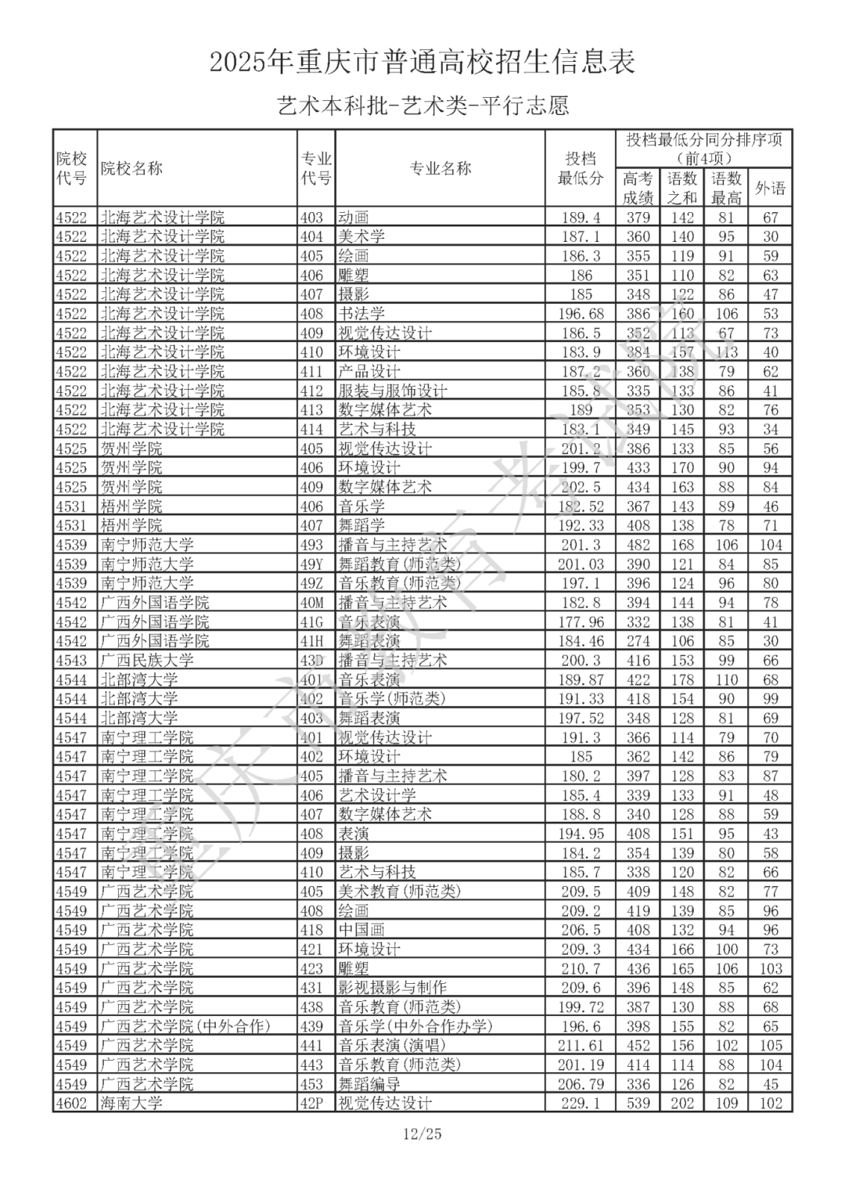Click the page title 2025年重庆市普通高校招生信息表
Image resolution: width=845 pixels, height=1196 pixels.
click(422, 62)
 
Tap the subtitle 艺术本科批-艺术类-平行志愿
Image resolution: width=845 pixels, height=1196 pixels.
click(422, 106)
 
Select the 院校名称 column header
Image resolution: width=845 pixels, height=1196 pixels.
click(131, 168)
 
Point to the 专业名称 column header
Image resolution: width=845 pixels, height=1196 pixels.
click(440, 168)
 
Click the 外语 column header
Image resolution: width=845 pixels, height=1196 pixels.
click(770, 189)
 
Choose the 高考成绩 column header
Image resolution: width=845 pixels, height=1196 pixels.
click(638, 189)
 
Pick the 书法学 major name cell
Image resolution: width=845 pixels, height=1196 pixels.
click(361, 314)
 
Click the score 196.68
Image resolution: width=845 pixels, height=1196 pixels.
click(581, 314)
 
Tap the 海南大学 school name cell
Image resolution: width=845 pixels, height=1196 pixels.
click(131, 1104)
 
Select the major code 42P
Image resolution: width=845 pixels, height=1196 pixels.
click(312, 1104)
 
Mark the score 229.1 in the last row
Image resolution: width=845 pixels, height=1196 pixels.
click(581, 1104)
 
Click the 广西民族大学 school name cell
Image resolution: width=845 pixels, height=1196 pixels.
click(147, 661)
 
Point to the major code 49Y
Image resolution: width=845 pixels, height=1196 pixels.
click(312, 564)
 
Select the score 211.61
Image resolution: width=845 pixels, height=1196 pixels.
click(581, 1046)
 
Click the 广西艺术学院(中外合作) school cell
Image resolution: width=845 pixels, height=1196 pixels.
click(185, 1026)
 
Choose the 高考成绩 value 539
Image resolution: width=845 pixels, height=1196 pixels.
click(638, 1104)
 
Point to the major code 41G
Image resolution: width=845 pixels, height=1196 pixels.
click(312, 622)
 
